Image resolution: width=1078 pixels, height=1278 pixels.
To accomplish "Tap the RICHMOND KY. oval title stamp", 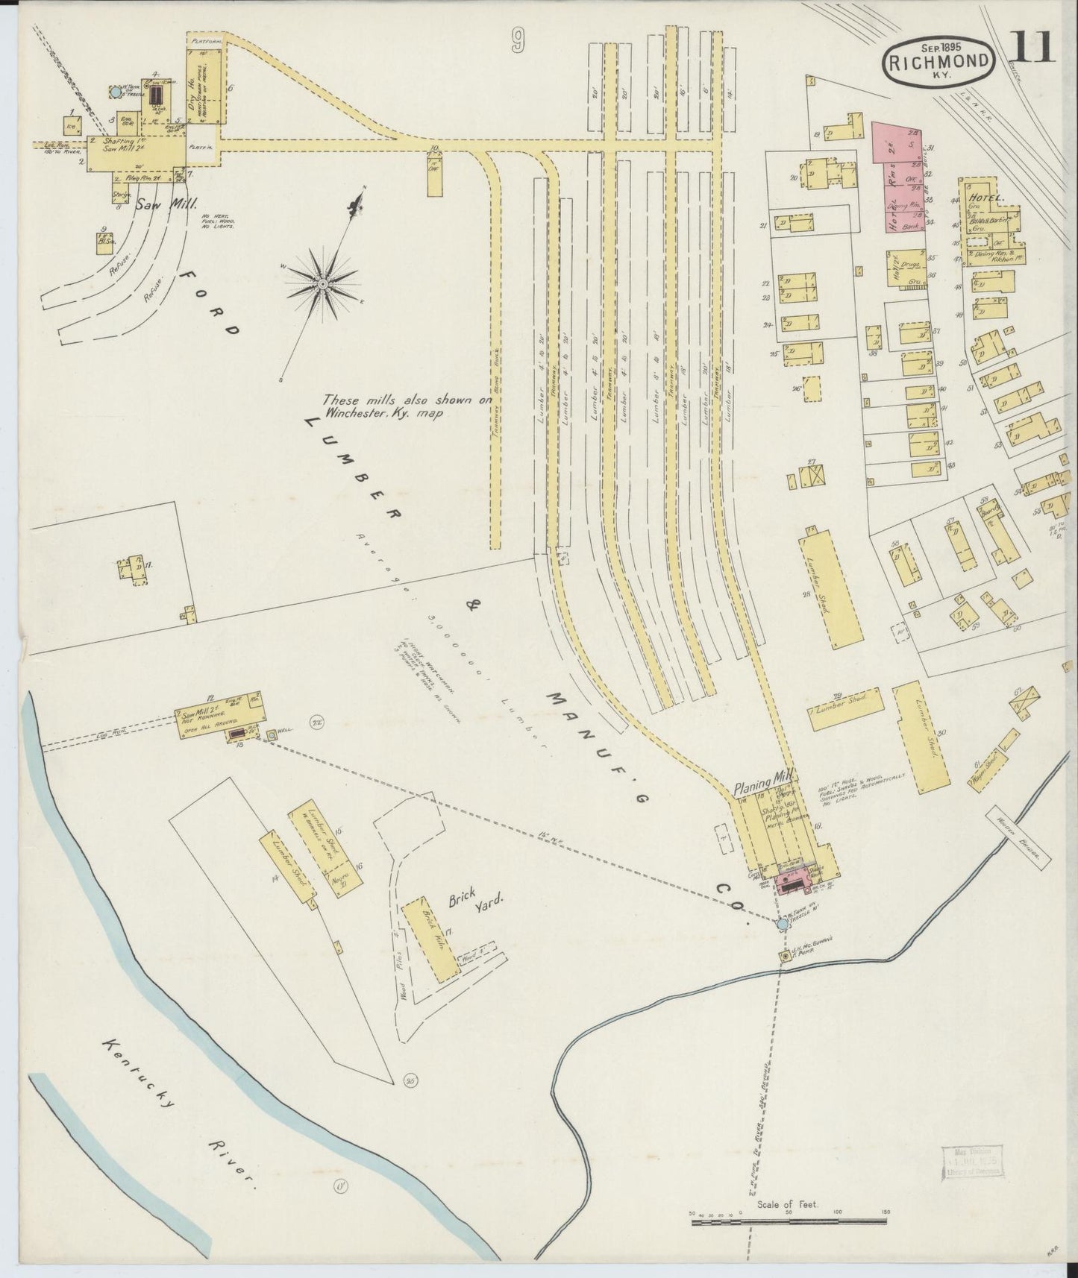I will [x=939, y=63].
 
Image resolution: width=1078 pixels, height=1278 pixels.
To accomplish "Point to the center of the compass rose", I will [x=322, y=285].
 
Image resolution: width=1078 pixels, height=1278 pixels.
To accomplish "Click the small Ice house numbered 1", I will [x=72, y=125].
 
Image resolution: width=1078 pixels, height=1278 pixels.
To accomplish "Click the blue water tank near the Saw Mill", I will [x=116, y=92].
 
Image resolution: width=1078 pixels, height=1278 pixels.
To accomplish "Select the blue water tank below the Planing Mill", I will [x=781, y=924].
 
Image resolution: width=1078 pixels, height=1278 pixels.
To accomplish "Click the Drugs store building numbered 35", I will [x=909, y=267].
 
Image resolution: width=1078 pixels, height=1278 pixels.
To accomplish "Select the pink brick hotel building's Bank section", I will [x=909, y=222].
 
